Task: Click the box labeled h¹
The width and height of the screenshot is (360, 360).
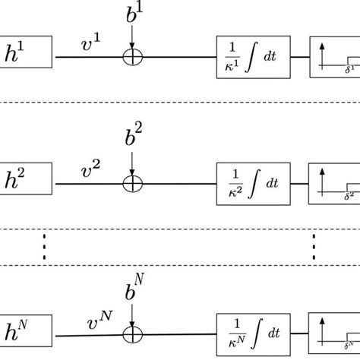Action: pyautogui.click(x=26, y=55)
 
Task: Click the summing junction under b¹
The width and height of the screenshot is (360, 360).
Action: pyautogui.click(x=133, y=55)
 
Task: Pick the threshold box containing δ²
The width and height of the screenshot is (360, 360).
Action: pyautogui.click(x=334, y=184)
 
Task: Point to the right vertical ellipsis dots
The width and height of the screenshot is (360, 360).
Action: pyautogui.click(x=312, y=247)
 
